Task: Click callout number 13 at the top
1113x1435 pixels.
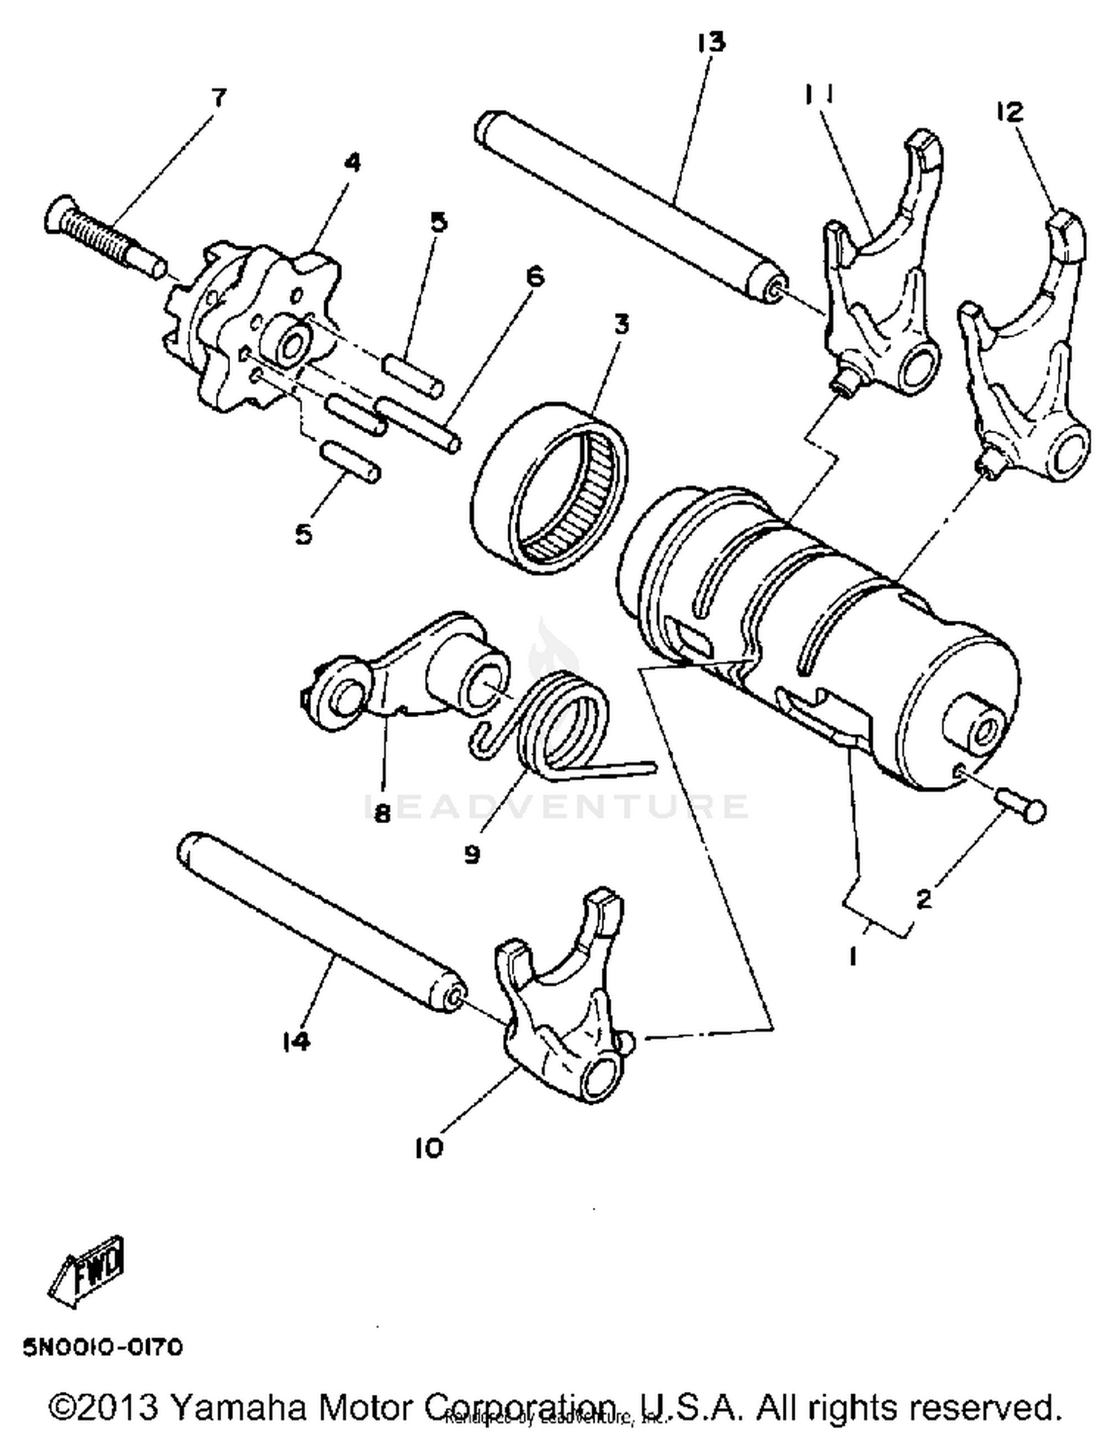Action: [x=710, y=42]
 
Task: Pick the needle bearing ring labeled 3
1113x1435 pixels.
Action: [x=549, y=489]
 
